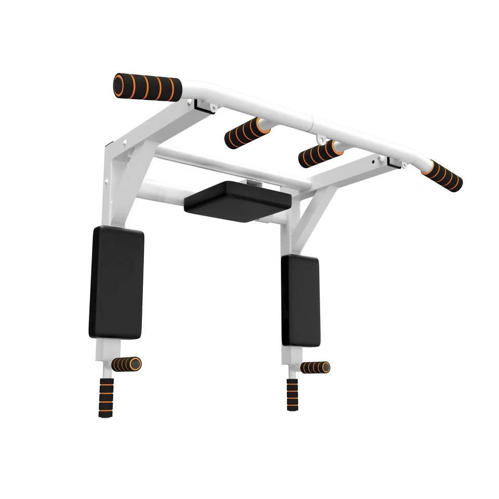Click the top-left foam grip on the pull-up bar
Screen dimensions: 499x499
148,86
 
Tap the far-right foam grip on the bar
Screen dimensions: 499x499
442,176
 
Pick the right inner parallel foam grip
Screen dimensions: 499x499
320,153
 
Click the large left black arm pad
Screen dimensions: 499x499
116,283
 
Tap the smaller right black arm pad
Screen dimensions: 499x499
301,300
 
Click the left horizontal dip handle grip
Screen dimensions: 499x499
126,364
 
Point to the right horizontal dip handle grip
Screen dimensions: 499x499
315,367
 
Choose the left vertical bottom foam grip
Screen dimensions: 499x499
106,398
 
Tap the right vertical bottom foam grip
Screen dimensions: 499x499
293,394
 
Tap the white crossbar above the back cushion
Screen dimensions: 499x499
229,165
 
